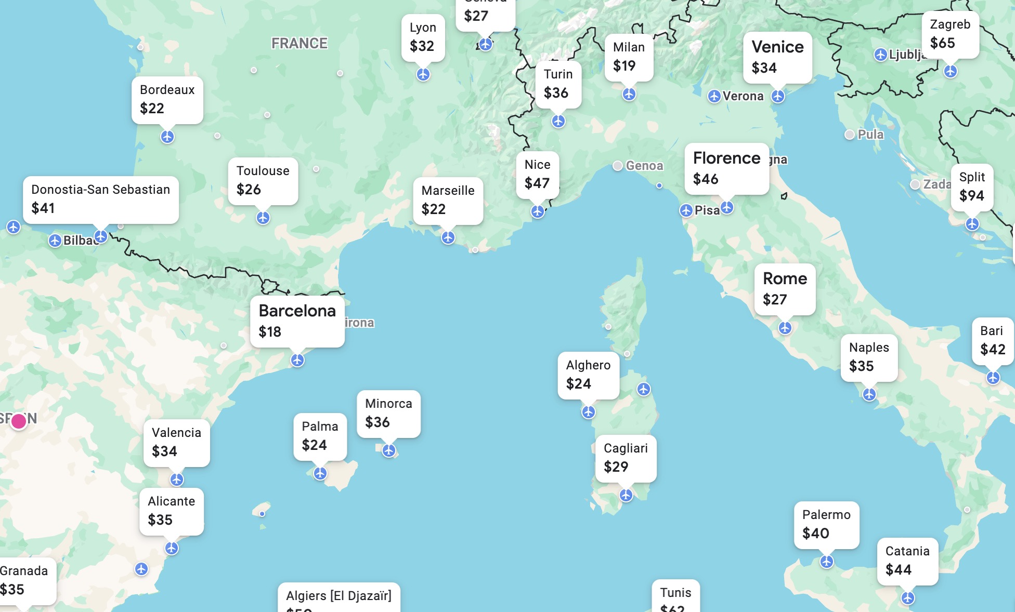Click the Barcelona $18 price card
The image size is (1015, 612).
(x=297, y=321)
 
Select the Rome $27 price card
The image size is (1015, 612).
(x=785, y=289)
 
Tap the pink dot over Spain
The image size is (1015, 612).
(x=19, y=421)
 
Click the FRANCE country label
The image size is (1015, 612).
(x=300, y=44)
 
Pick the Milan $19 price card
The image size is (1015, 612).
(x=629, y=57)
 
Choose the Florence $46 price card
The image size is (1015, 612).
(x=726, y=168)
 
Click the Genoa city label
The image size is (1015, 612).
(x=644, y=166)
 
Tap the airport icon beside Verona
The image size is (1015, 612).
(x=714, y=96)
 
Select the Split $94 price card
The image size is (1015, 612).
(x=972, y=187)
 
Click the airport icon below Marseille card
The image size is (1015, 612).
(x=448, y=237)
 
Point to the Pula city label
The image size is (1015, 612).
(x=870, y=135)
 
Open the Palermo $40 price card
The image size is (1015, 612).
(x=826, y=524)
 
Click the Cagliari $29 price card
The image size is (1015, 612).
(x=626, y=458)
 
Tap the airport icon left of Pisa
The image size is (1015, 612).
(x=686, y=210)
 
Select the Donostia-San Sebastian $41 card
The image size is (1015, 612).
(x=100, y=199)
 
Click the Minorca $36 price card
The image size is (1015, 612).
(x=388, y=413)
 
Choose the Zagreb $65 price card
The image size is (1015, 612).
(x=950, y=34)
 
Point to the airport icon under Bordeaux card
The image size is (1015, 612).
(x=167, y=137)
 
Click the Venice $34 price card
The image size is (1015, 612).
(x=777, y=57)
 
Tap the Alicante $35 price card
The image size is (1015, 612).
(x=171, y=511)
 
